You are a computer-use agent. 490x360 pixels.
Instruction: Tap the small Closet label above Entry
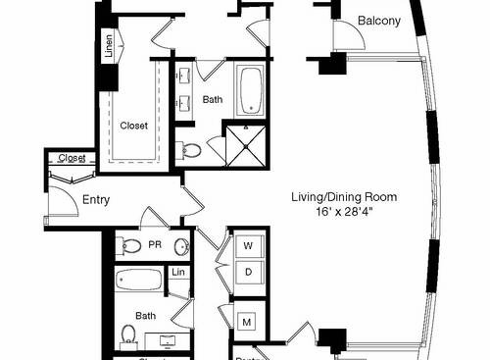click(72, 157)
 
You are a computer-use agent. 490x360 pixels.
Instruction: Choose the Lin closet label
click(178, 272)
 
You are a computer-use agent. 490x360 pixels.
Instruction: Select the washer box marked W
click(248, 245)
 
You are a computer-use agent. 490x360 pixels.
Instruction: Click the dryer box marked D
click(248, 270)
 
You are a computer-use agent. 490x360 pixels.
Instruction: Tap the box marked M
click(248, 321)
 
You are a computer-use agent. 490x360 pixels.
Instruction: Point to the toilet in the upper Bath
click(190, 150)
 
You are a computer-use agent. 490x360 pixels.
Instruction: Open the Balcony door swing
click(345, 36)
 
